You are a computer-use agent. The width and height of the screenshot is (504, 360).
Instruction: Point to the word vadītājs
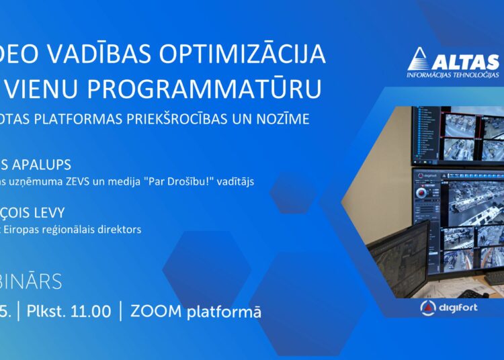235,182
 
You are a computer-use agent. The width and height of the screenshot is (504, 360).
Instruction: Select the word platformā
227,312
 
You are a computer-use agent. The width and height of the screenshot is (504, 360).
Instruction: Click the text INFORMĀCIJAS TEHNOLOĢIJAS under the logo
453,76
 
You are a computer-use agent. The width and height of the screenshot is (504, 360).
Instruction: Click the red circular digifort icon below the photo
428,308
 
